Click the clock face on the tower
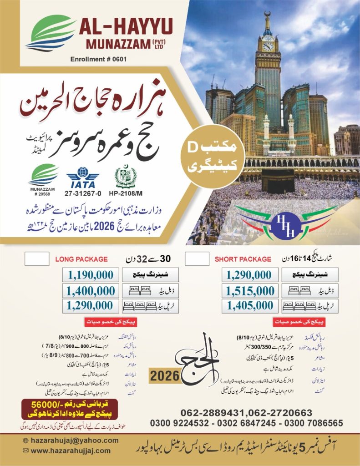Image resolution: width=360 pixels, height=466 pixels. (x=269, y=46)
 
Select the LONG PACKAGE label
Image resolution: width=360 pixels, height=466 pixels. (x=81, y=259)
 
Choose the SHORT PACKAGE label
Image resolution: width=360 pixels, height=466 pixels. (x=243, y=259)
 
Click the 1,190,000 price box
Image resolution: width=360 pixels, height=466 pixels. (x=91, y=275)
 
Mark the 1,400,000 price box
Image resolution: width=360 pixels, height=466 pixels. (x=91, y=290)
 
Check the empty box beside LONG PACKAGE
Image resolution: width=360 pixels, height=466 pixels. (x=36, y=258)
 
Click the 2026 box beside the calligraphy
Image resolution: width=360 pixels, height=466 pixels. (x=164, y=377)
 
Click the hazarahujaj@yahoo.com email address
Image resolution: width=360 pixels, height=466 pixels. (x=74, y=441)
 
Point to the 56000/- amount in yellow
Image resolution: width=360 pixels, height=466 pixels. (x=51, y=404)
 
